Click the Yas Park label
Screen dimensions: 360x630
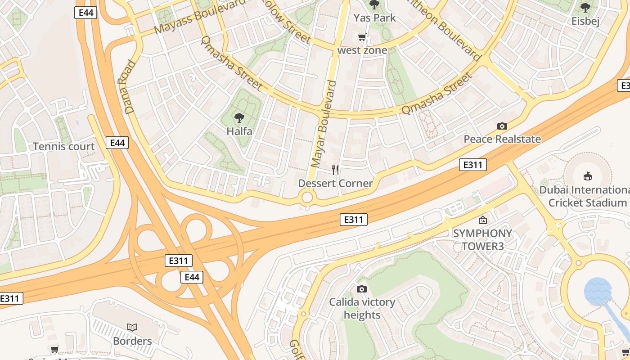[374, 18]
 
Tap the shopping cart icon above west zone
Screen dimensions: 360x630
[362, 37]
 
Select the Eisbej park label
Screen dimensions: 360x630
[585, 21]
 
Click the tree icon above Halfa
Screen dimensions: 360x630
[239, 118]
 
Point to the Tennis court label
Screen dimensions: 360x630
[64, 147]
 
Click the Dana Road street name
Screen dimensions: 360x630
[126, 87]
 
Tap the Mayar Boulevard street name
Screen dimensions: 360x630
[324, 124]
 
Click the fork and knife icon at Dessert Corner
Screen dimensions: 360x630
[335, 170]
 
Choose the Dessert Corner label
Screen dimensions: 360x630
[335, 183]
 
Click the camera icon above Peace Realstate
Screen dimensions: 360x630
[502, 126]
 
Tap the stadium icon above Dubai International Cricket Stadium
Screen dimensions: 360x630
[587, 176]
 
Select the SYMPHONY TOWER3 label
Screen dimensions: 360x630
[482, 240]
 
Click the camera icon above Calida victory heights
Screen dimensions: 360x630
[361, 289]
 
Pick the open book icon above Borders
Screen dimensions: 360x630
[132, 327]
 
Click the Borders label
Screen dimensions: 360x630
[132, 341]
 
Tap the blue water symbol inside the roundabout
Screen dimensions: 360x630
[598, 291]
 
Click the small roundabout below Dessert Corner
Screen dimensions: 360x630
[307, 197]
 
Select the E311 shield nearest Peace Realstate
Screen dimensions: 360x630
[473, 165]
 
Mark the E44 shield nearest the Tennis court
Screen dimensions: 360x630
[117, 143]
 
